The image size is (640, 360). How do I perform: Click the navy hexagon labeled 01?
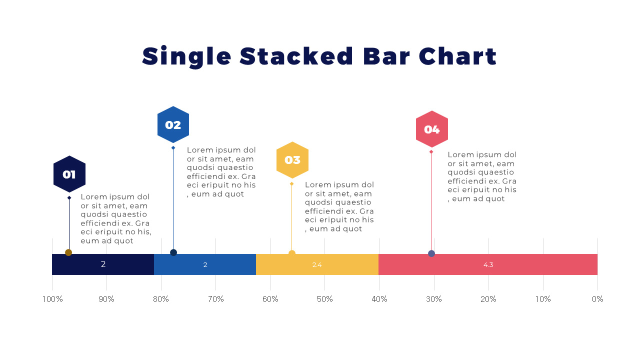tap(69, 174)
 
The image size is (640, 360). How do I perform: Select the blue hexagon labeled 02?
tap(173, 124)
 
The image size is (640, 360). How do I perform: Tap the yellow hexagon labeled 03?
tap(292, 160)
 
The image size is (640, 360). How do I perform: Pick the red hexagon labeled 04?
tap(432, 129)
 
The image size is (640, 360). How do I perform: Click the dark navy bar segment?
tap(103, 264)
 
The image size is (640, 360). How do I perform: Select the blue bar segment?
tap(205, 264)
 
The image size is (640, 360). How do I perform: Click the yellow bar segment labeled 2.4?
tap(317, 264)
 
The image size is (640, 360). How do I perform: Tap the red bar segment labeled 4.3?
tap(488, 264)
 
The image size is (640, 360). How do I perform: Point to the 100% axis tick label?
tap(52, 299)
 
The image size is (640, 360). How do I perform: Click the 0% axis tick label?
tap(597, 299)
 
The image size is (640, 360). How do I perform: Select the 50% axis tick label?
tap(325, 299)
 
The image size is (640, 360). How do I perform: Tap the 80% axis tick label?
tap(161, 299)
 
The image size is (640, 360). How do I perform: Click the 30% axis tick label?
tap(434, 299)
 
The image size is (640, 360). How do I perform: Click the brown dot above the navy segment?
tap(68, 252)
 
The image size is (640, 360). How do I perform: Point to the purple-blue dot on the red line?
tap(431, 253)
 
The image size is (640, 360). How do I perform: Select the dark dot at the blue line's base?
tap(173, 252)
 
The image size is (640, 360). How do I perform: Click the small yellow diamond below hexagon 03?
tap(291, 184)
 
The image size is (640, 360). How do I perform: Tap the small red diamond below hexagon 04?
tap(431, 151)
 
